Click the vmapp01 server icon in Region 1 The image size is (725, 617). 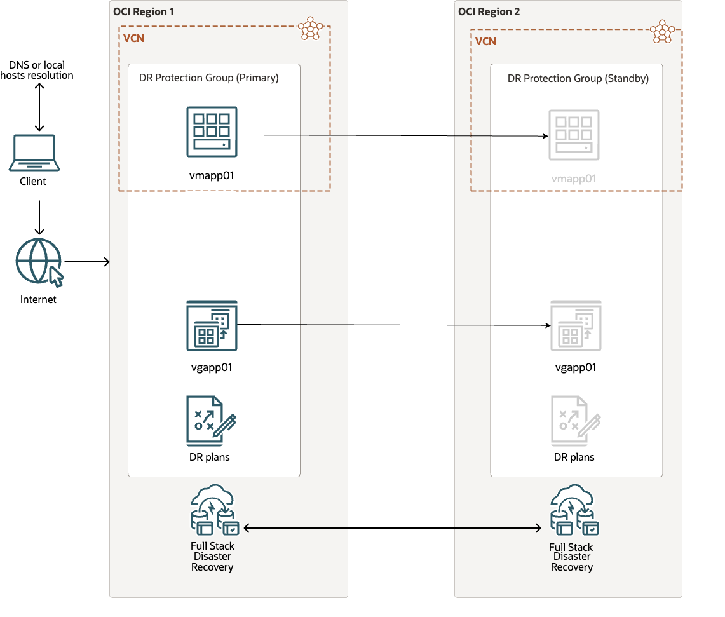(x=212, y=132)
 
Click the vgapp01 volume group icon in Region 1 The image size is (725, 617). (x=212, y=325)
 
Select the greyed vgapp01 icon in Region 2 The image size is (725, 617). (x=576, y=326)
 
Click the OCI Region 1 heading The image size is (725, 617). (x=143, y=11)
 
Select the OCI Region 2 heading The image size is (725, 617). (x=489, y=11)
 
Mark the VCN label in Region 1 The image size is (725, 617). (x=133, y=38)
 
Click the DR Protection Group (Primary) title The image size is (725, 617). (x=209, y=78)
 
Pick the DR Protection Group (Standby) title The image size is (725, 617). (x=578, y=79)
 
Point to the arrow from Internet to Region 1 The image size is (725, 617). (x=87, y=262)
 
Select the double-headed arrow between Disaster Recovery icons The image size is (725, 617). (x=392, y=528)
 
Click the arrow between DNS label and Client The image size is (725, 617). (x=39, y=106)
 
